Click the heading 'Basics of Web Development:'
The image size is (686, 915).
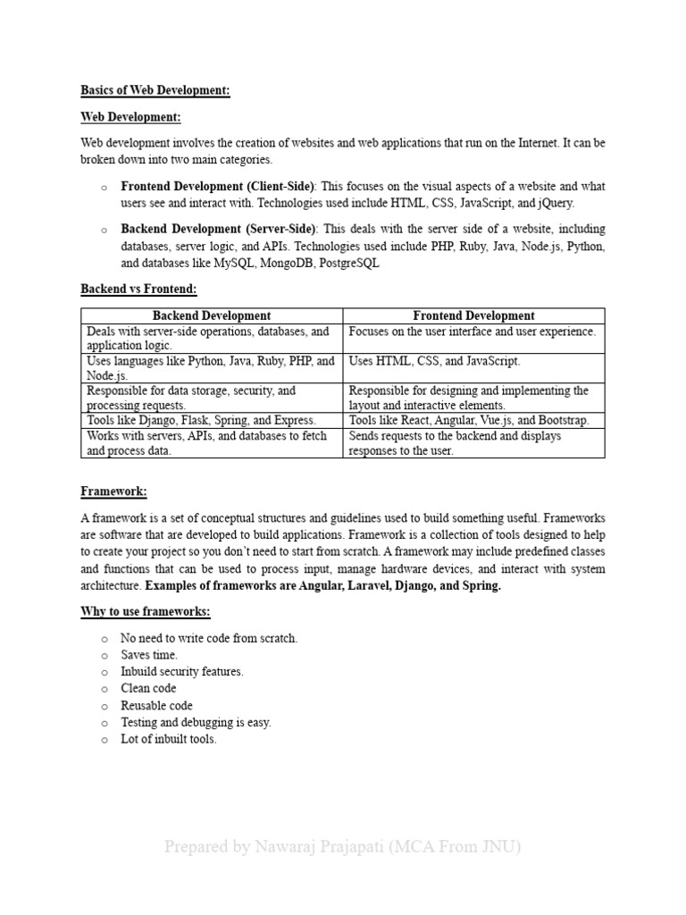155,90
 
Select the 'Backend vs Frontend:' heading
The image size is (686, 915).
138,290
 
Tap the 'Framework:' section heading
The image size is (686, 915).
113,491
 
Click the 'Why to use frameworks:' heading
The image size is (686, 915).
146,612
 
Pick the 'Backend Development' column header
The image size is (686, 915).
212,315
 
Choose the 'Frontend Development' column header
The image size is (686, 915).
473,315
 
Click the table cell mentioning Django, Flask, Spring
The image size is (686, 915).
202,420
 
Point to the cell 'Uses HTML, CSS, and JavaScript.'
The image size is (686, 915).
435,361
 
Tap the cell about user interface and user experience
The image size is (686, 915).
472,331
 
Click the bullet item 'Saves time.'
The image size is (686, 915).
149,655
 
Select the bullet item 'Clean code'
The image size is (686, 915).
148,688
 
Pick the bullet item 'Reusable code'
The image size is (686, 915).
156,706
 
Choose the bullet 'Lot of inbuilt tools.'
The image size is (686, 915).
169,739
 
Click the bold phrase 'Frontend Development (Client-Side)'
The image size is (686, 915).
218,187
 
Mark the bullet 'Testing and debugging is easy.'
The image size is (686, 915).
196,722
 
